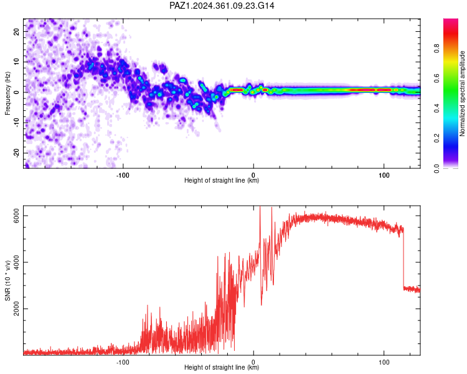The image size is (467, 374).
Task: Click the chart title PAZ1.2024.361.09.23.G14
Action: pos(222,6)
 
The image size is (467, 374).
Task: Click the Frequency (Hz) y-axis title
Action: pos(7,93)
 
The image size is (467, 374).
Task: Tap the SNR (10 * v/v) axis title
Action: pos(7,280)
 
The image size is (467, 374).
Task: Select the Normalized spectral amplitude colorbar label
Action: pos(462,93)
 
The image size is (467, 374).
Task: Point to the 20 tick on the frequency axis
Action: pos(17,32)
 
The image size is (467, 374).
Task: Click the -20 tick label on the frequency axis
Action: pos(17,153)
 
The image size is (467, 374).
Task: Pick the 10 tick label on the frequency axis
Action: pos(17,62)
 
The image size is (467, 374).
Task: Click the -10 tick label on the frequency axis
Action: pos(17,123)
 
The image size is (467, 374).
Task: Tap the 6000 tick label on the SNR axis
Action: pos(17,215)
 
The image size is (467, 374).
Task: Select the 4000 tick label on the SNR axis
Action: pos(17,262)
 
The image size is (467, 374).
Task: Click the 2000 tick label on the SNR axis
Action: pos(17,309)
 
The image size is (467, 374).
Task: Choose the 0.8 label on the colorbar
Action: pos(436,48)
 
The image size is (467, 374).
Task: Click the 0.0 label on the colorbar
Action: pos(436,168)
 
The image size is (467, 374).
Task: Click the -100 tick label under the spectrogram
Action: pos(123,175)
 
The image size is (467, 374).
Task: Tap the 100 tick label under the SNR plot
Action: pos(384,362)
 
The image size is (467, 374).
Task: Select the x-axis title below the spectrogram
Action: pos(222,180)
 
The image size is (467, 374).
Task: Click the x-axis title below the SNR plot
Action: pos(222,367)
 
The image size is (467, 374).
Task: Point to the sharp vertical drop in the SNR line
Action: pos(403,259)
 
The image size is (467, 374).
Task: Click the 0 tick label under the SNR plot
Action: pos(253,362)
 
